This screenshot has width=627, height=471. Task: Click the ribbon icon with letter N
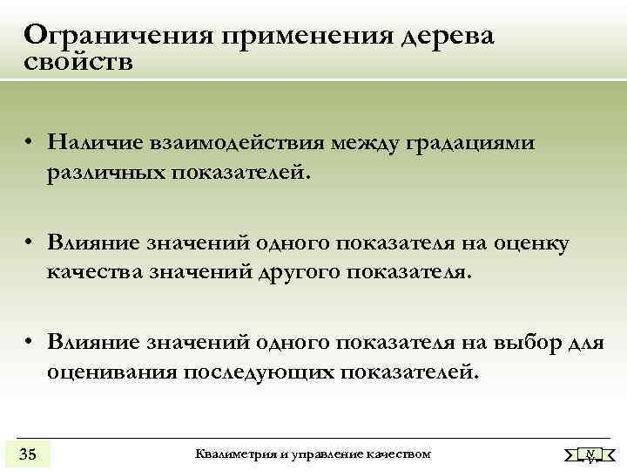click(x=590, y=454)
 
